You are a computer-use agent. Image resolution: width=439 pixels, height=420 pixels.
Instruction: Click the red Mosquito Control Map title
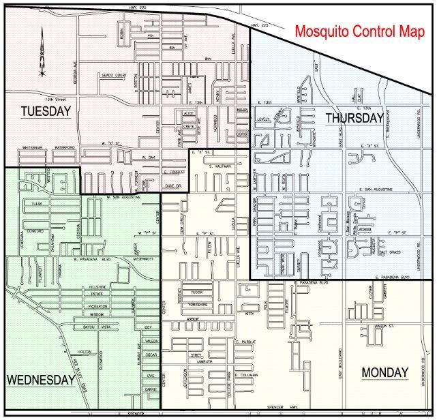tap(359, 32)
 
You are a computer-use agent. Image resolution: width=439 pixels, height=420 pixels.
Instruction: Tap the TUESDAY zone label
tap(46, 111)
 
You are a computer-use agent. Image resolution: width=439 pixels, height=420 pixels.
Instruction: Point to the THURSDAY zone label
tap(354, 118)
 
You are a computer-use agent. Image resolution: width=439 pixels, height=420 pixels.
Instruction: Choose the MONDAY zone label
tap(384, 372)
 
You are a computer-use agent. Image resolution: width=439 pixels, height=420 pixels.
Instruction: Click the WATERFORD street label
tap(65, 147)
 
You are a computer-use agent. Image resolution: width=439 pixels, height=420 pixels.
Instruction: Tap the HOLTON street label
tap(85, 351)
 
